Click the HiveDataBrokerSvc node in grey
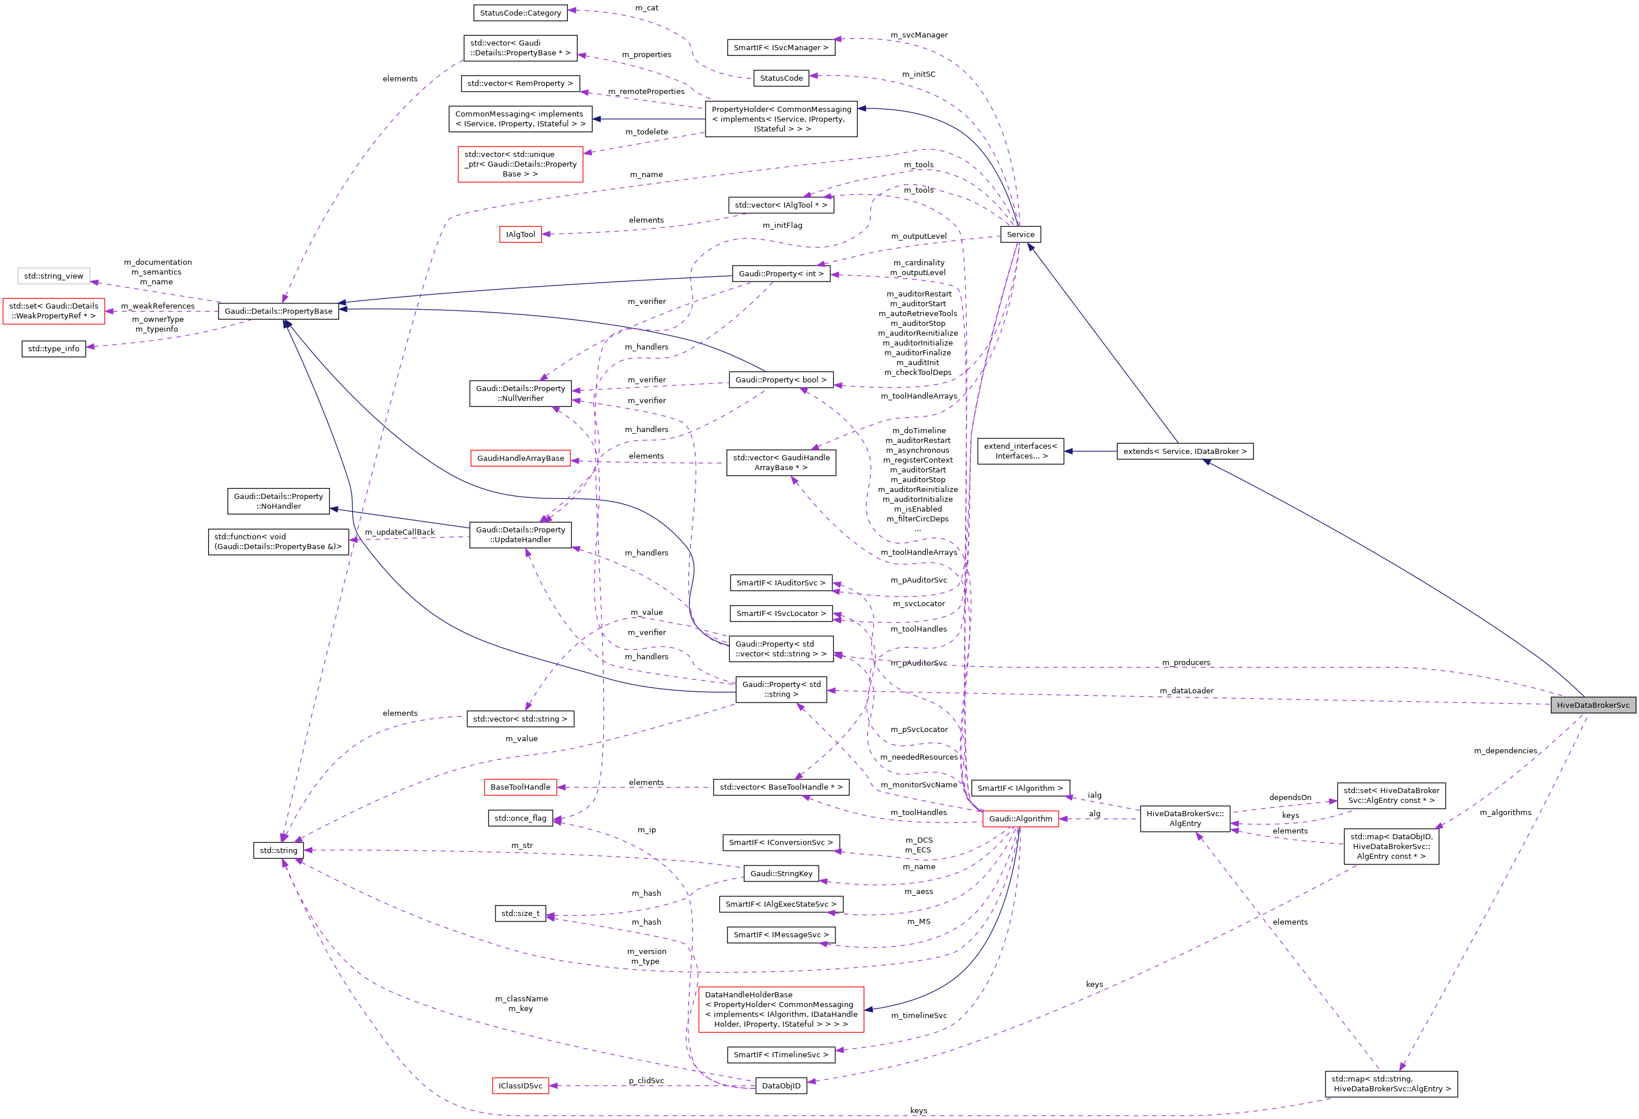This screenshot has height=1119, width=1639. point(1592,705)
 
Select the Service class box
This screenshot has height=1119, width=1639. point(1020,234)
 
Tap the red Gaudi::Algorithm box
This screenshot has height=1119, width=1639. point(1020,818)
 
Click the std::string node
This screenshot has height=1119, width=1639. point(278,850)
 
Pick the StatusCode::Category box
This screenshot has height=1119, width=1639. point(521,13)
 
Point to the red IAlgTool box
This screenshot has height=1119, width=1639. point(521,234)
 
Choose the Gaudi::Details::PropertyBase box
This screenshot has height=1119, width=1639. point(278,311)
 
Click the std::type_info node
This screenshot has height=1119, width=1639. point(54,348)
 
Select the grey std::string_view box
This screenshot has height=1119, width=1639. point(54,276)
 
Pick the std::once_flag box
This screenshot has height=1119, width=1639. point(521,818)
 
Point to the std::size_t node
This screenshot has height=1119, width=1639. point(521,913)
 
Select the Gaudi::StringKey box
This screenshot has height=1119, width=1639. point(781,873)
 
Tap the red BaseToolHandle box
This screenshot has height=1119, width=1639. point(521,787)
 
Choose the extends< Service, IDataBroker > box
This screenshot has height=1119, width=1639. point(1185,451)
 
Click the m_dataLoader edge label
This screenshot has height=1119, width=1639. point(1186,691)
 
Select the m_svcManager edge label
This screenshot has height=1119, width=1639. point(918,35)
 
